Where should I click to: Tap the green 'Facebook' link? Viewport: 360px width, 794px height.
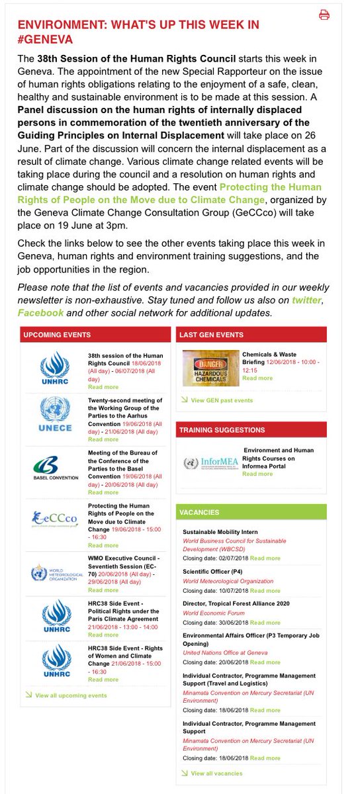[x=40, y=312]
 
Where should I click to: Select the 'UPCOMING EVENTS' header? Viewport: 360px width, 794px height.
[x=57, y=335]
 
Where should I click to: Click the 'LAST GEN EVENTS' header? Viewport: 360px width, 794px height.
[x=211, y=335]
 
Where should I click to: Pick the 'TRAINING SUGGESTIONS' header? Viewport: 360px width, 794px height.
[x=222, y=430]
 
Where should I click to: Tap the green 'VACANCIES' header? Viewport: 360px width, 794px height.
[x=199, y=512]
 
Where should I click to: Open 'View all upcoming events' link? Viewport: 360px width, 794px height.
[x=71, y=695]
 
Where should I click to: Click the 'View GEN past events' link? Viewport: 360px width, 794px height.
[x=222, y=400]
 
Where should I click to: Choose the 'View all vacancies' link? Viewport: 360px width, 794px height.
[x=216, y=773]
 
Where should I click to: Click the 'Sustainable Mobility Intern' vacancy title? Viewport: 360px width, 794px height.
[x=220, y=532]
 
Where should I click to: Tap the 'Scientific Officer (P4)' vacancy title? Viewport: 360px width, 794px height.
[x=211, y=571]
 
